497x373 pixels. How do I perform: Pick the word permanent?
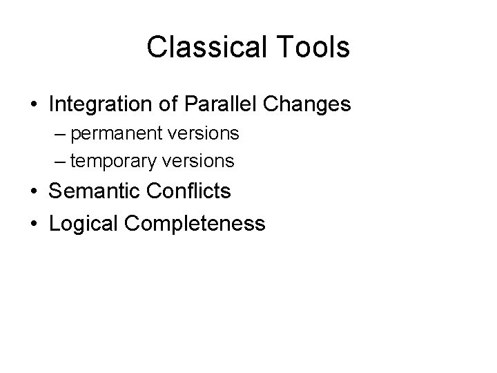tap(116, 132)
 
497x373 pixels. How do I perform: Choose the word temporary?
tap(115, 161)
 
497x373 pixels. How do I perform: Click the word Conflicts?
tap(188, 191)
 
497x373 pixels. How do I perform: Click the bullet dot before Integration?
tap(34, 106)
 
